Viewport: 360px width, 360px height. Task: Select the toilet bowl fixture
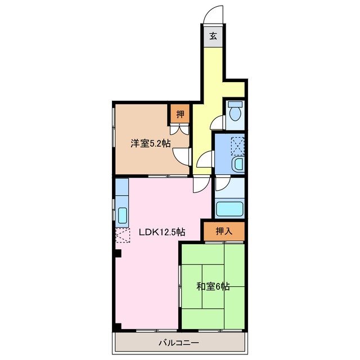coord(235,111)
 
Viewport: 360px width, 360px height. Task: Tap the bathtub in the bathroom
coord(229,209)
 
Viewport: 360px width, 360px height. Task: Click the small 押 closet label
coord(180,115)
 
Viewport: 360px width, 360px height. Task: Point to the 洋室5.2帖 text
coord(151,143)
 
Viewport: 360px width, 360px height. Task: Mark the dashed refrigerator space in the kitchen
coord(123,236)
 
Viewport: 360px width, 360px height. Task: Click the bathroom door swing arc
coord(222,183)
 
